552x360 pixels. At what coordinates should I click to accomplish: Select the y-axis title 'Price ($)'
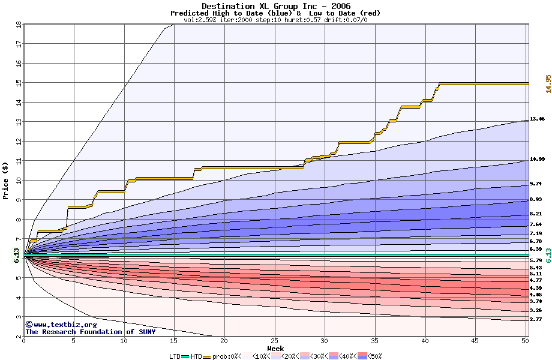(6, 180)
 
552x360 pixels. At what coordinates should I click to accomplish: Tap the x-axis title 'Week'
(276, 348)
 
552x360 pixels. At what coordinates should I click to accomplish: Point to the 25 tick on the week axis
(274, 341)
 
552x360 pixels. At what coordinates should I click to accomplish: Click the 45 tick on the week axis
(475, 341)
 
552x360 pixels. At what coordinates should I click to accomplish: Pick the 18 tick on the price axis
(18, 24)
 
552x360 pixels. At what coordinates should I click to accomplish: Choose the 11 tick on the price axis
(18, 161)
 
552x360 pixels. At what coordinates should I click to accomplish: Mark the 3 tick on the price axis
(18, 317)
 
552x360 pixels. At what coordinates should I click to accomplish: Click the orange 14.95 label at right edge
(548, 83)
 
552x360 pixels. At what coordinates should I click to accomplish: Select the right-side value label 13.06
(537, 119)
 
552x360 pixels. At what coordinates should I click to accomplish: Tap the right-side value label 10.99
(537, 159)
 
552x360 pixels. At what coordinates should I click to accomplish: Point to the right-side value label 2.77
(536, 320)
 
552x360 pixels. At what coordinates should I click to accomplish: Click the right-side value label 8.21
(536, 214)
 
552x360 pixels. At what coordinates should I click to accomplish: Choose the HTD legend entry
(196, 356)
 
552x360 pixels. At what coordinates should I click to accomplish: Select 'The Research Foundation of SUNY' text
(91, 332)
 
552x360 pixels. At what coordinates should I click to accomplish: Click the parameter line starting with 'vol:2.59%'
(275, 20)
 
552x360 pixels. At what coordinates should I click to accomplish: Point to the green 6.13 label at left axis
(8, 256)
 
